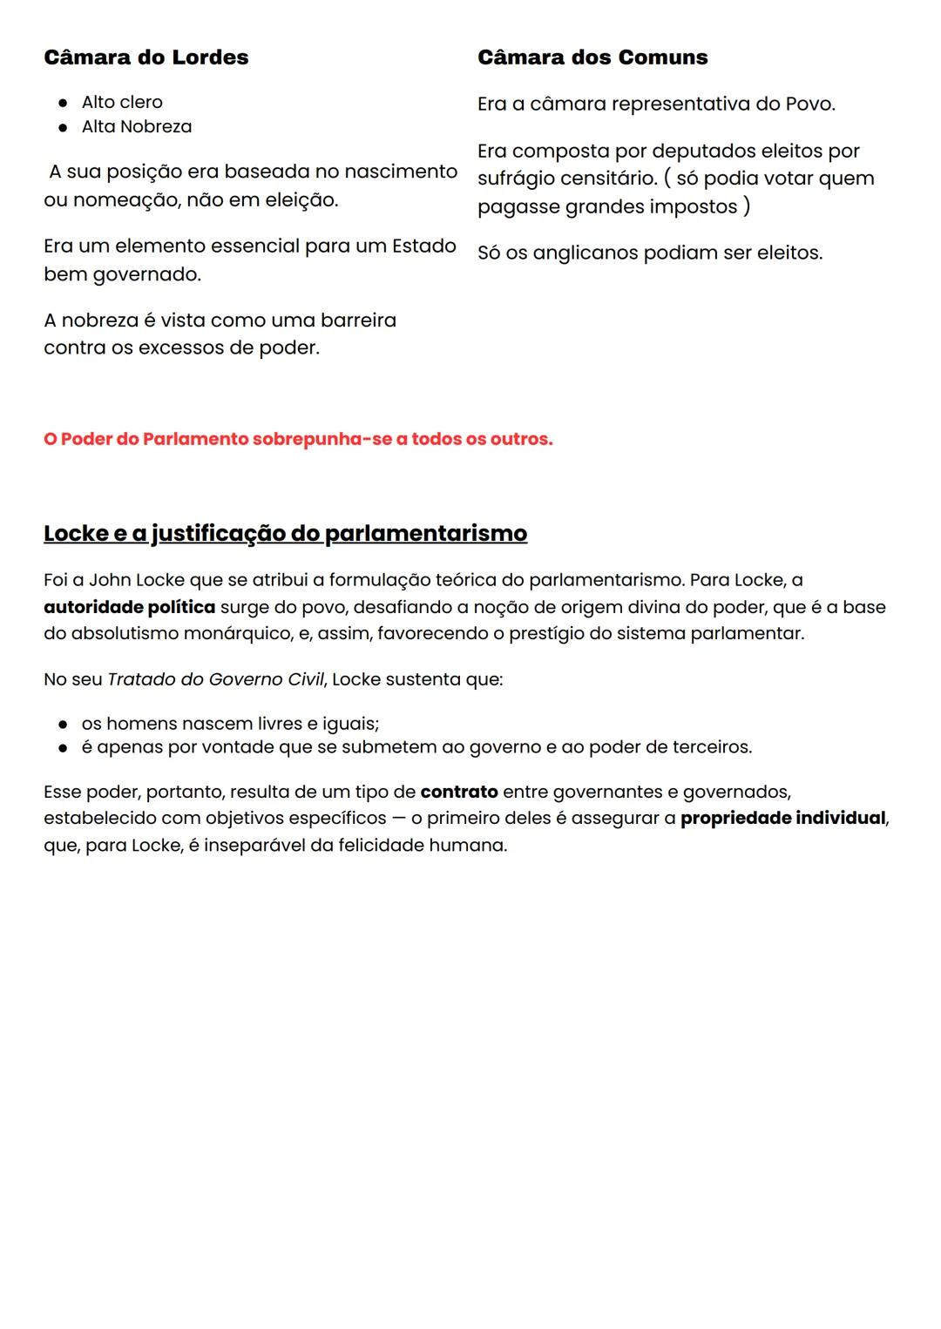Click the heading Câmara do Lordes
146,57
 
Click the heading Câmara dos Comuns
592,57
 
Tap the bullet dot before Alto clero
63,103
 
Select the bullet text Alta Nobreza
136,126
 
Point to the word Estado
423,246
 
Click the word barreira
358,320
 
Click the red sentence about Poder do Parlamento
298,439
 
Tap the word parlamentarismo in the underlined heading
425,533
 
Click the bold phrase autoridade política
129,607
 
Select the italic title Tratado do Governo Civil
215,679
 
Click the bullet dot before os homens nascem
63,725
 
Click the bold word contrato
458,793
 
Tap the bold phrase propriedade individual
782,819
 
